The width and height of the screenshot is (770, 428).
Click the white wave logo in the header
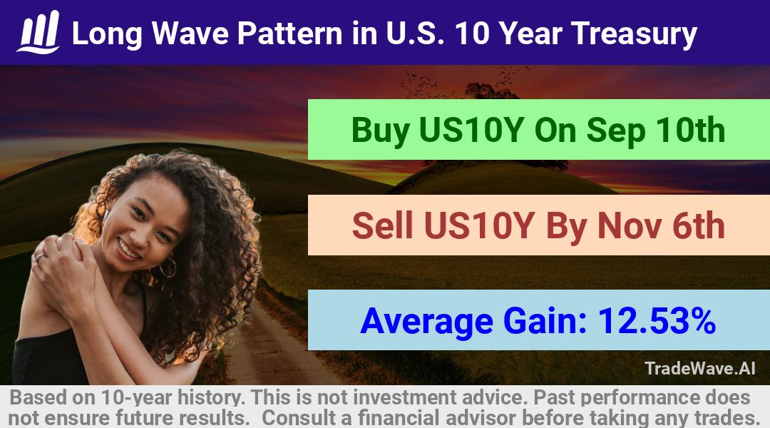tap(38, 32)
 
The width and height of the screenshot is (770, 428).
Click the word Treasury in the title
tap(634, 34)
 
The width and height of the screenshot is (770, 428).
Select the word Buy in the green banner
tap(381, 131)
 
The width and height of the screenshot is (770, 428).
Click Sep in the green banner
tap(616, 131)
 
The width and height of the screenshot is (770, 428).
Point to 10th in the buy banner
tap(690, 130)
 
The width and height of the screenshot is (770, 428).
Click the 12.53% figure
tap(657, 320)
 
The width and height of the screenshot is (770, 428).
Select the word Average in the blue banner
tap(426, 322)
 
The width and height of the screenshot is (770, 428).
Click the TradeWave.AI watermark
tap(700, 368)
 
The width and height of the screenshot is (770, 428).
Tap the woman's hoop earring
tap(168, 267)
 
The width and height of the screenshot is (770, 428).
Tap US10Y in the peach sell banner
tap(479, 225)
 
